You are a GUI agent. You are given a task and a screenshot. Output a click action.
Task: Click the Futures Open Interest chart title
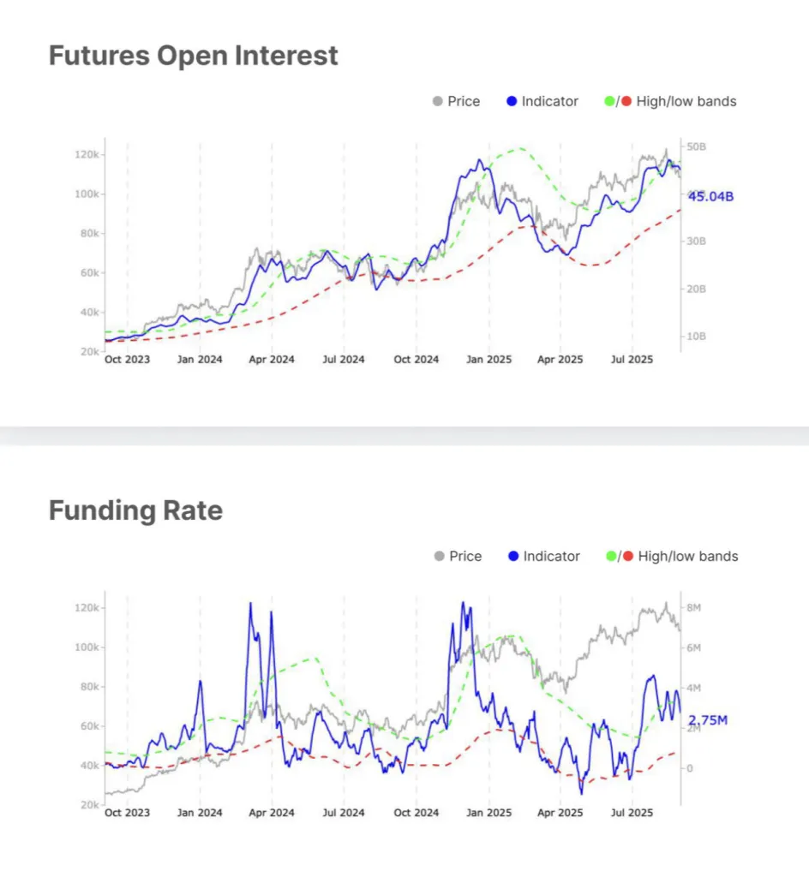193,56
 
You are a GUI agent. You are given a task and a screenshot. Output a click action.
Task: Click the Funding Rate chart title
135,510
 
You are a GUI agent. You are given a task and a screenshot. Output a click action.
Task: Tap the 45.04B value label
711,197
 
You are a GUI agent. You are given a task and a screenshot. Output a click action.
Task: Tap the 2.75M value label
708,720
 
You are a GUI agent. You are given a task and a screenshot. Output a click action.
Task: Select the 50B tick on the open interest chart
696,147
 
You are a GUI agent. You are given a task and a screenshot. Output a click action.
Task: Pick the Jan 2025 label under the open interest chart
488,360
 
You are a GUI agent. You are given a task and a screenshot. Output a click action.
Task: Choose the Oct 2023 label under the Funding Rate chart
127,813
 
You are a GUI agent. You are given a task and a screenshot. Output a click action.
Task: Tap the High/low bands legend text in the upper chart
686,101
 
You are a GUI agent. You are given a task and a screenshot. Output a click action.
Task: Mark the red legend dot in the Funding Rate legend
626,557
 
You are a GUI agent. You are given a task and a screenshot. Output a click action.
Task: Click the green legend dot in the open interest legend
609,101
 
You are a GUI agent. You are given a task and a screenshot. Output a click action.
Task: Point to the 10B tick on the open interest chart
696,337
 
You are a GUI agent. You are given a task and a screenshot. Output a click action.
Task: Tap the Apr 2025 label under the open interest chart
559,360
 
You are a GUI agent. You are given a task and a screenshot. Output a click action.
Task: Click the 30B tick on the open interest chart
696,242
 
